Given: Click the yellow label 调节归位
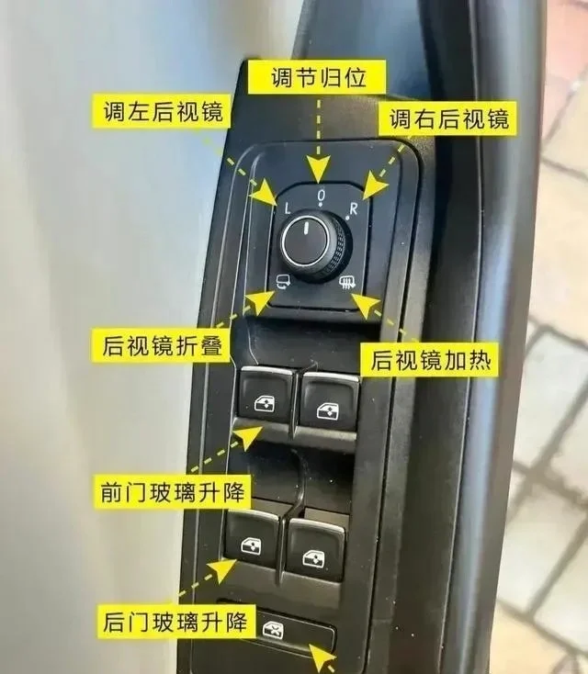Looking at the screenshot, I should pos(319,75).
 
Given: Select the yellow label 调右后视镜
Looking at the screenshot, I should pos(448,118).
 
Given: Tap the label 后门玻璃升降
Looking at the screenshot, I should pos(172,623).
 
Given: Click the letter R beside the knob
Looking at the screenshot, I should pos(353,208).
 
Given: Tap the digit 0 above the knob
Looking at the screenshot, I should pos(321,197).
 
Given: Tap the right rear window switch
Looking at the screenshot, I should pos(316,550).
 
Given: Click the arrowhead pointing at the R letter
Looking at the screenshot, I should pos(372,187).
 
